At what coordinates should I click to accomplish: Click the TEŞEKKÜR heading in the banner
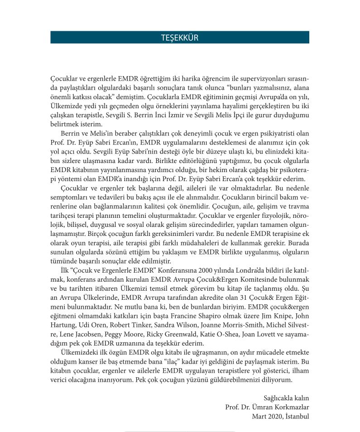tap(180, 38)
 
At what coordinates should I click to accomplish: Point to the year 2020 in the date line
tap(269, 416)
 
